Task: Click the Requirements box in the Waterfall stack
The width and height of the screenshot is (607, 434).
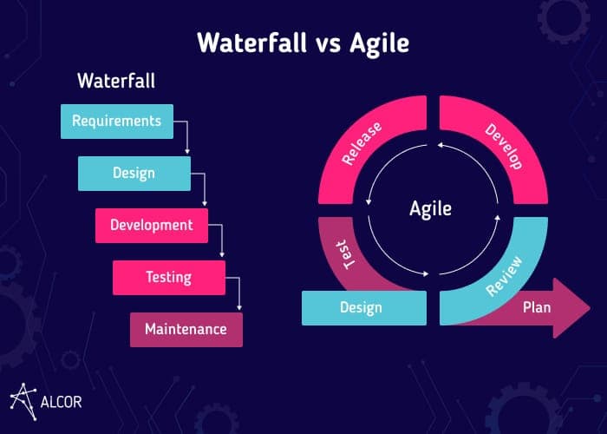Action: (116, 122)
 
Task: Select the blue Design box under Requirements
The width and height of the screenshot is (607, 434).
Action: (134, 173)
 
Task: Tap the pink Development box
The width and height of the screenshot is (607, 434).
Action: (151, 225)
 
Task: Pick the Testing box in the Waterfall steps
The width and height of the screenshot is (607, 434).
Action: (168, 278)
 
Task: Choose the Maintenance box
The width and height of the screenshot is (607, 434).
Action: (186, 330)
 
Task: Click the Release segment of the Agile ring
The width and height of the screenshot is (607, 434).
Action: (369, 148)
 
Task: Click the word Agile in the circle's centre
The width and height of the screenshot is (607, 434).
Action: (431, 208)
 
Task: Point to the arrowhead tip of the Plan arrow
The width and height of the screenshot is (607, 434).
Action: (589, 306)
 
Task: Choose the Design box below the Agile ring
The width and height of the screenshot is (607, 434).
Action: (363, 307)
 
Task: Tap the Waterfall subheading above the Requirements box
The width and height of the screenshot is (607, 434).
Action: (116, 82)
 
